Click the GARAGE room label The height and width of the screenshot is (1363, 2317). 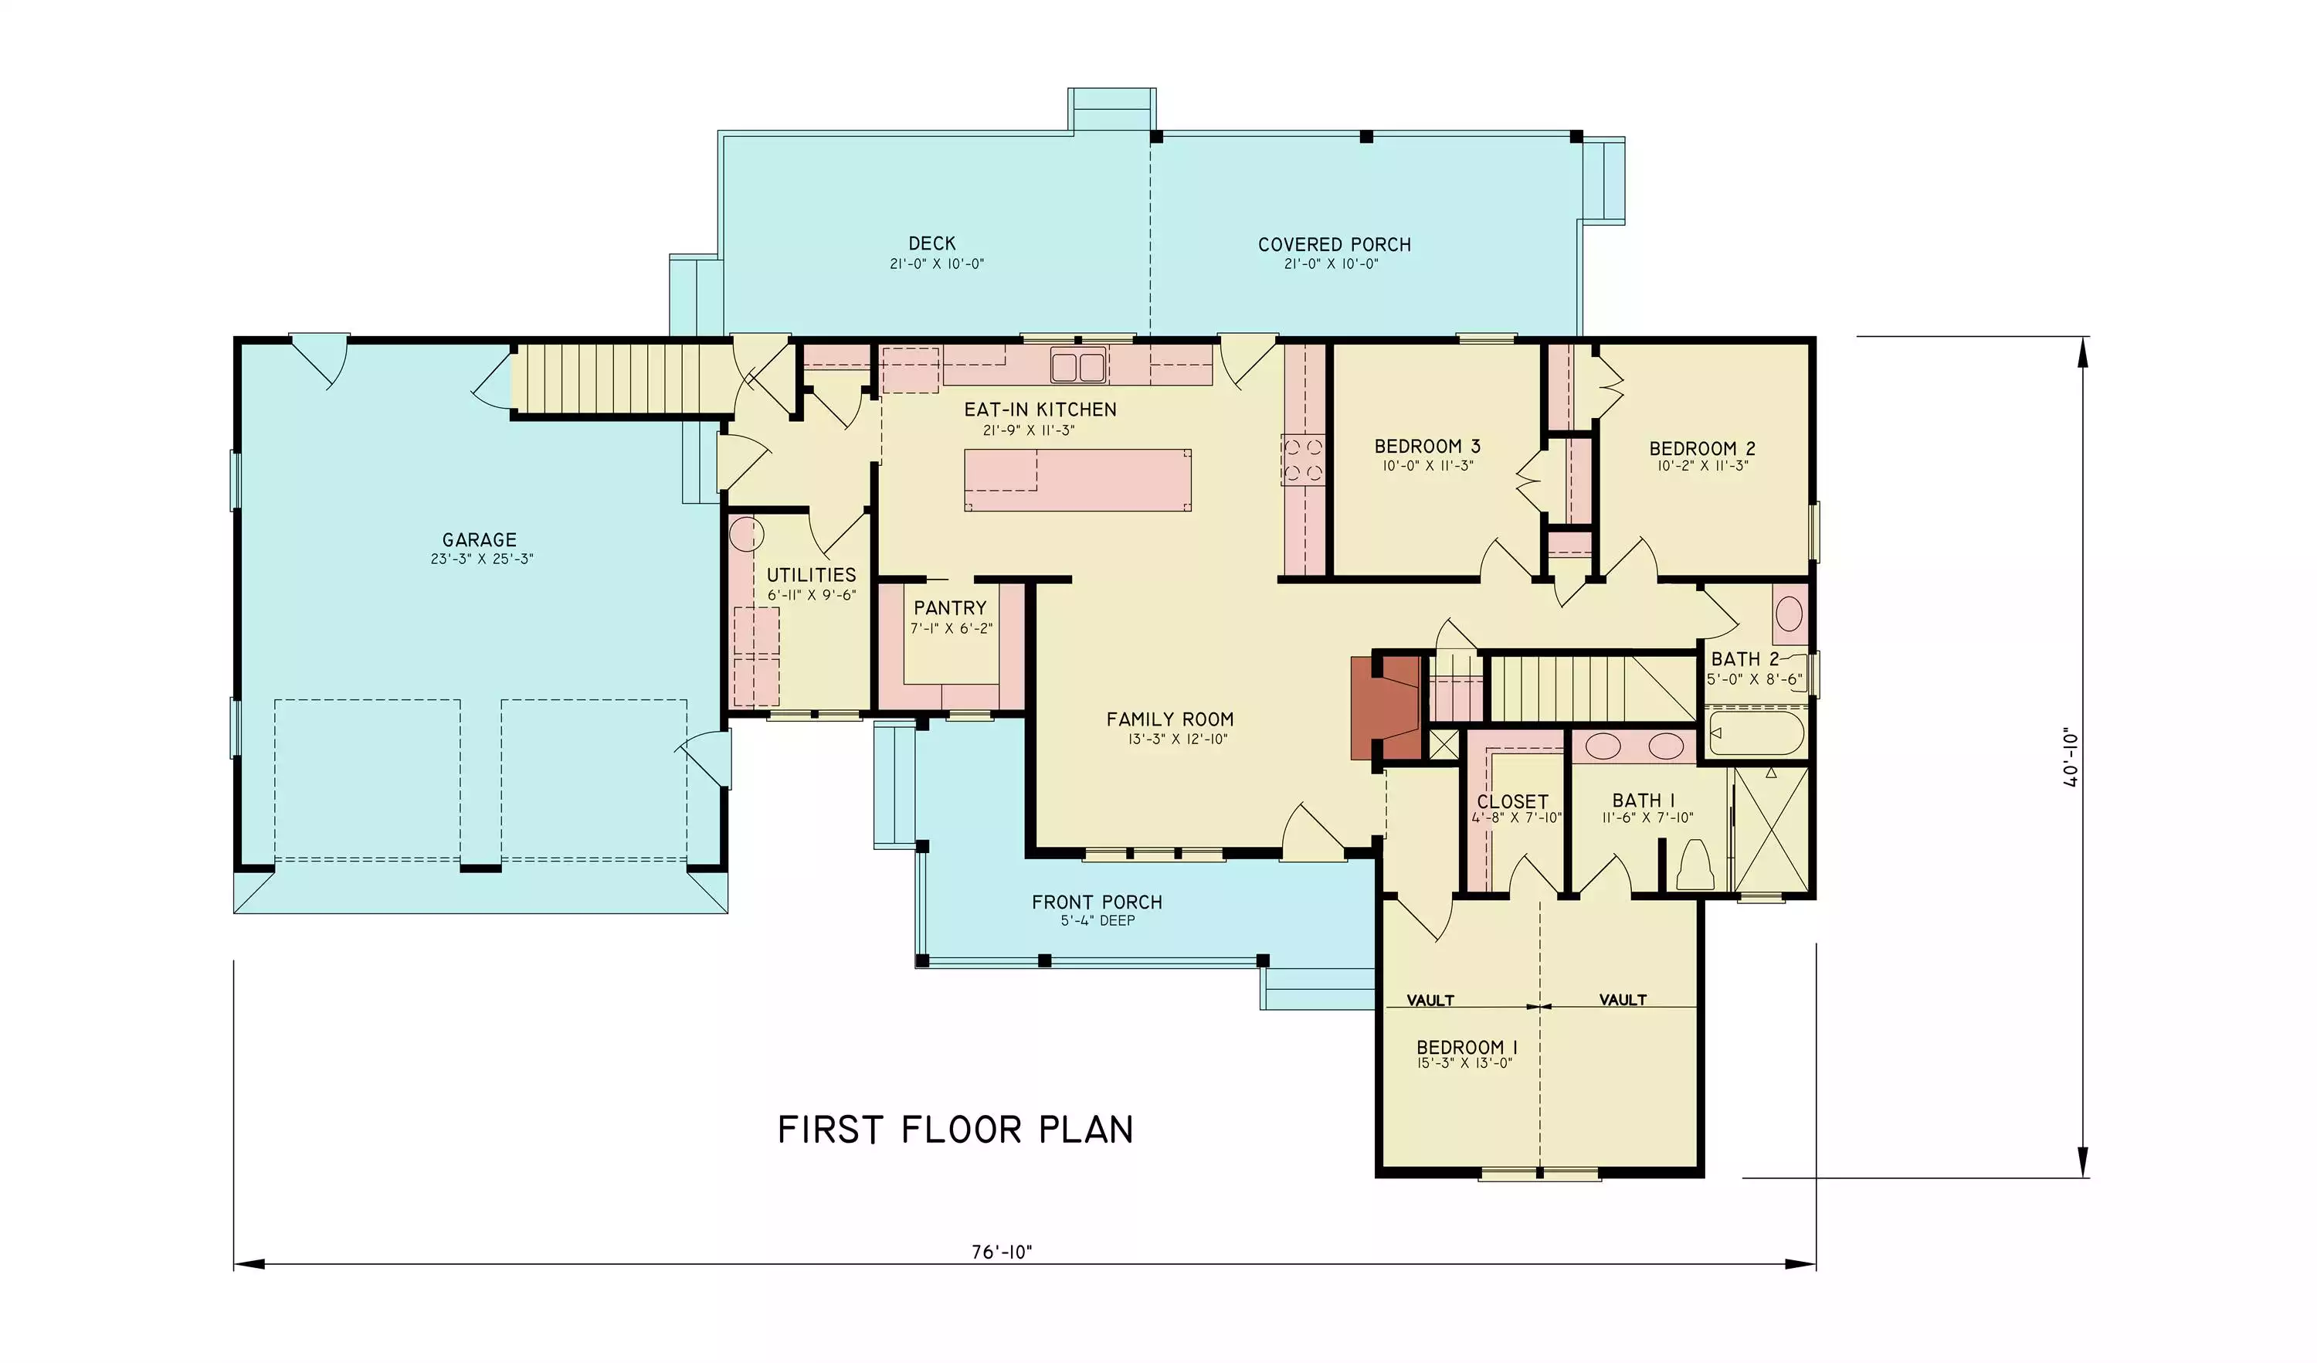click(x=479, y=540)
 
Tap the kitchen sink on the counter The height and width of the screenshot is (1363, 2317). click(x=1078, y=366)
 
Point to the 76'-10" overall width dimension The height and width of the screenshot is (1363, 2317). click(x=1002, y=1252)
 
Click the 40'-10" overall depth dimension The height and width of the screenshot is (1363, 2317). click(x=2070, y=758)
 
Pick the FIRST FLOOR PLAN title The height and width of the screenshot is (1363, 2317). click(x=955, y=1130)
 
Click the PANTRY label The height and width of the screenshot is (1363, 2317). click(x=950, y=608)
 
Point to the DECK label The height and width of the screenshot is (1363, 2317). click(x=932, y=243)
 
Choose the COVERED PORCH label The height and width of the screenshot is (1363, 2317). click(x=1334, y=245)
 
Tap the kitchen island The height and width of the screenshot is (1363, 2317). click(x=1077, y=480)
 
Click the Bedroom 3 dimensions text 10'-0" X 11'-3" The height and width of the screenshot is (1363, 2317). click(x=1427, y=466)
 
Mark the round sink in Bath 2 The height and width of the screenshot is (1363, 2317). click(x=1788, y=614)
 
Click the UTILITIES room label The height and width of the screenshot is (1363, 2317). click(x=811, y=576)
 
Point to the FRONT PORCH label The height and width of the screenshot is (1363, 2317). click(x=1097, y=902)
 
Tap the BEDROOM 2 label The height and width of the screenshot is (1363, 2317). click(x=1702, y=449)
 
